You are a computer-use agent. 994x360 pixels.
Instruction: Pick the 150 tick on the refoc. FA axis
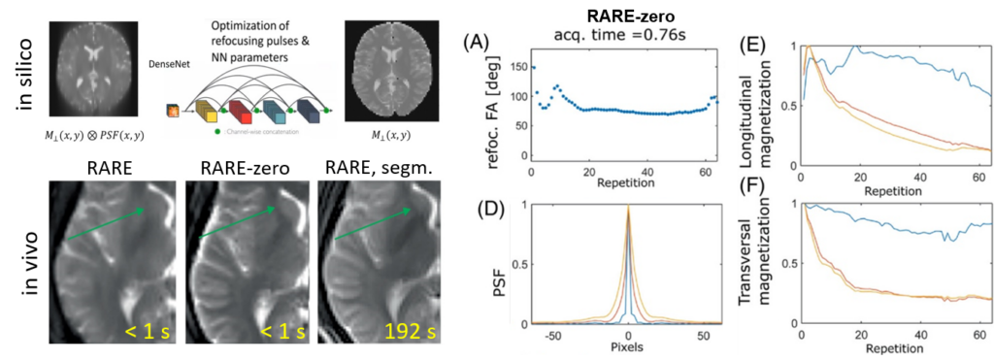[x=514, y=67]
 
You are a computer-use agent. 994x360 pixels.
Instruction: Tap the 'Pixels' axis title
[x=630, y=346]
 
